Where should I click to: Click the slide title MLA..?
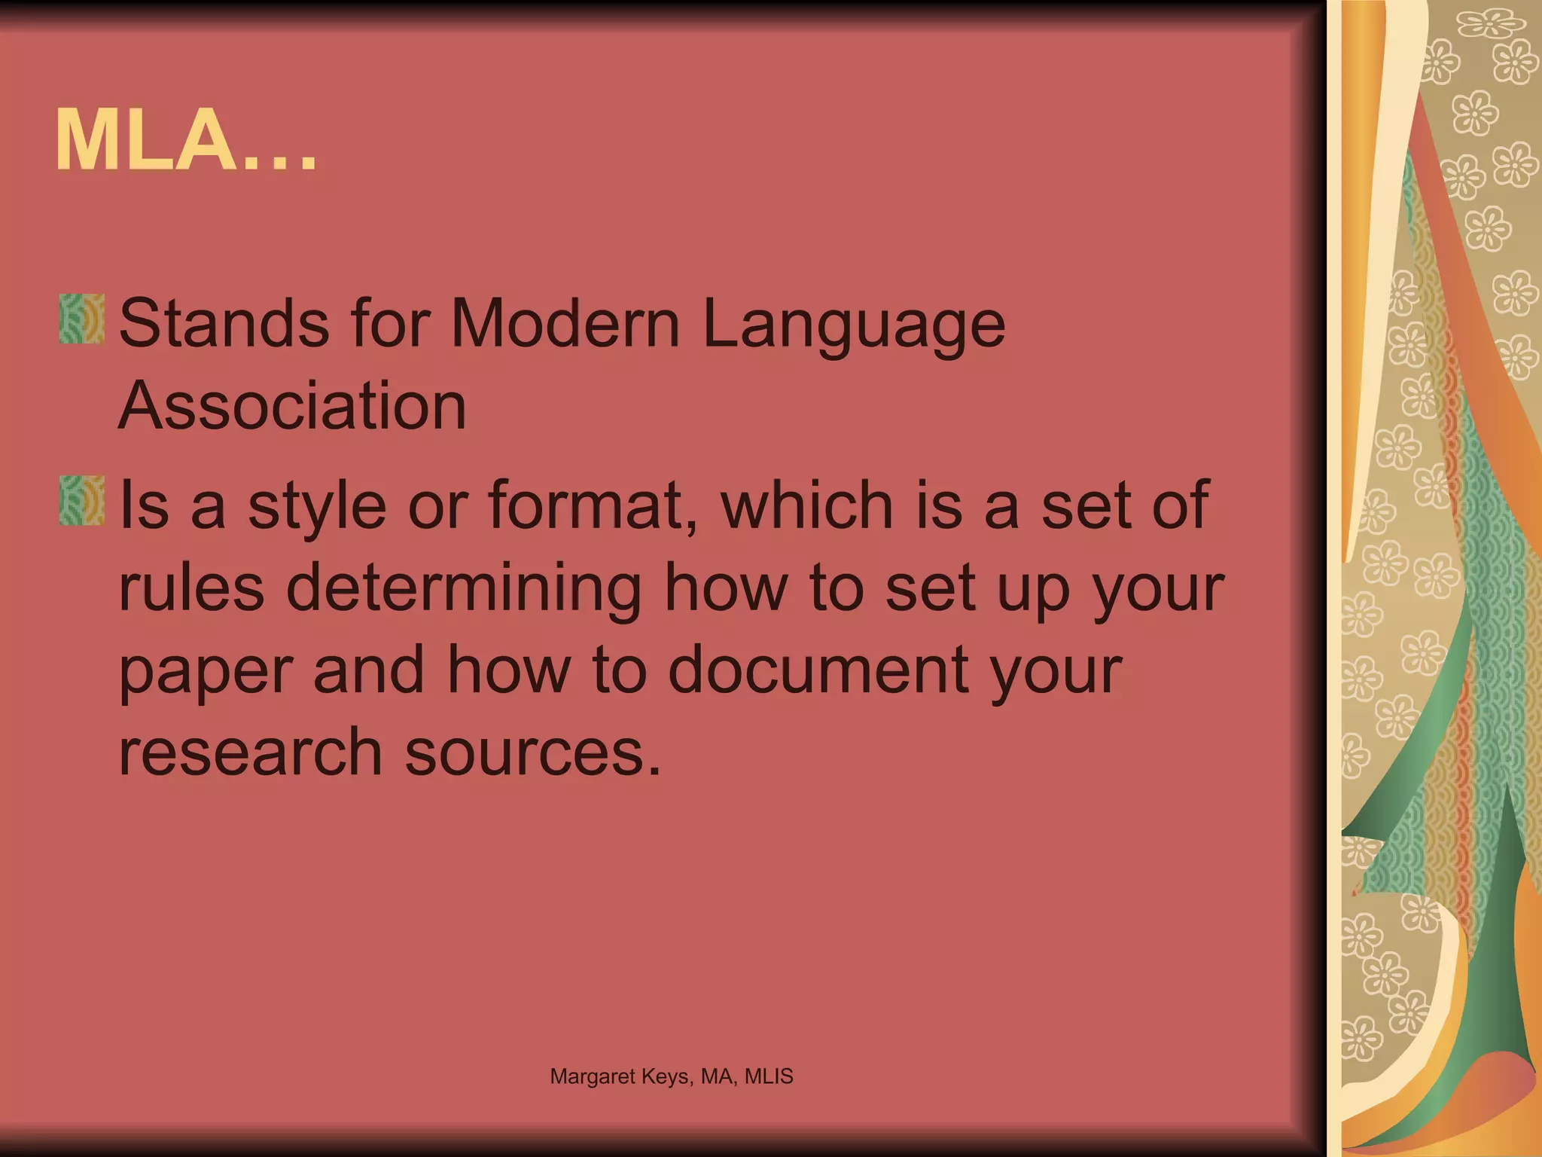click(x=185, y=141)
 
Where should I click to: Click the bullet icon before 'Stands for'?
click(x=82, y=319)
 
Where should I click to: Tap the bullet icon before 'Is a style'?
click(x=82, y=500)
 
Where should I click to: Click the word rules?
click(x=192, y=587)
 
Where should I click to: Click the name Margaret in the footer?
click(x=593, y=1077)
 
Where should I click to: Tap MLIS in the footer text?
click(x=769, y=1076)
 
